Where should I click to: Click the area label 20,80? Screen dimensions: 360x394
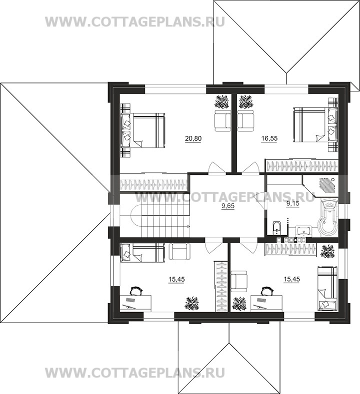tap(193, 138)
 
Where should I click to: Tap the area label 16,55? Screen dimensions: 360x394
tap(269, 138)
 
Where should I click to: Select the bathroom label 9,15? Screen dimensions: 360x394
tap(293, 204)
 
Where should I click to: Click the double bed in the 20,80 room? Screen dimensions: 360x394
tap(143, 130)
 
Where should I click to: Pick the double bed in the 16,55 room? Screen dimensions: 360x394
tap(315, 125)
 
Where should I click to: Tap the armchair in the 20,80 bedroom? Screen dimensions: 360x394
tap(222, 120)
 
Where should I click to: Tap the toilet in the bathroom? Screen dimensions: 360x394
tap(276, 227)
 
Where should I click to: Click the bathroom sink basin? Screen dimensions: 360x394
tap(303, 230)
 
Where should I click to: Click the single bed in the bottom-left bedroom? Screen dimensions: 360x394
tap(142, 253)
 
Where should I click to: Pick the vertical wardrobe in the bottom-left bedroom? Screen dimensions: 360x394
tap(220, 286)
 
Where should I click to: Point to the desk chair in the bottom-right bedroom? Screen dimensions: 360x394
tap(267, 291)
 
